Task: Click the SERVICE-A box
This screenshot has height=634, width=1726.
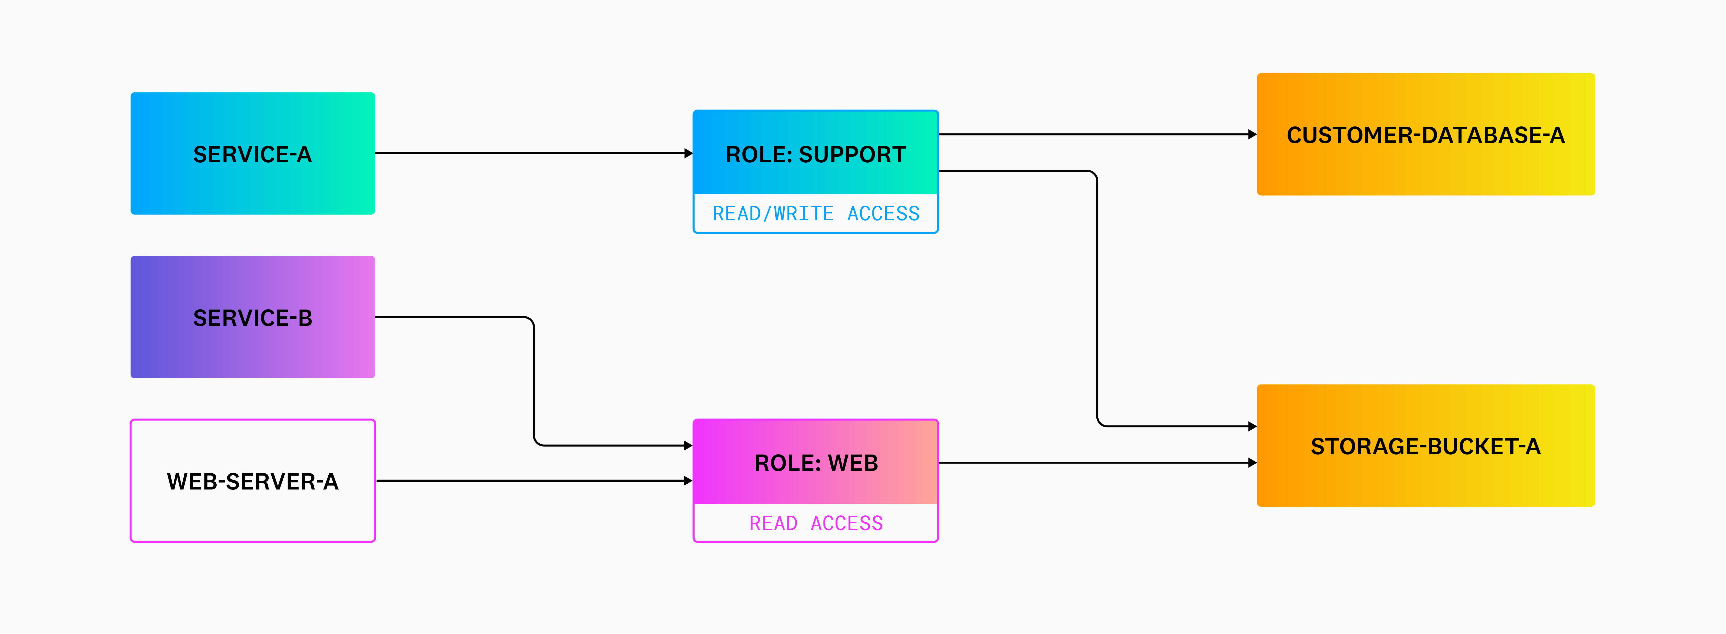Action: coord(253,154)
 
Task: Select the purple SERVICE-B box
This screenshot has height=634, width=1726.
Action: coord(253,317)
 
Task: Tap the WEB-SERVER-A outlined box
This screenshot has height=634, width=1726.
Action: coord(253,480)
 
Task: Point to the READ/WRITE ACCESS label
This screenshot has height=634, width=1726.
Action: coord(815,213)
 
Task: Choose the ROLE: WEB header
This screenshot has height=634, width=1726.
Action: coord(815,462)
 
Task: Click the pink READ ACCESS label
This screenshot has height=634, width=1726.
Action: coord(815,523)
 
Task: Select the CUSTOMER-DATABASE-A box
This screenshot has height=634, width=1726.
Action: coord(1425,135)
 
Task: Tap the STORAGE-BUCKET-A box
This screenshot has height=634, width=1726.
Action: coord(1425,446)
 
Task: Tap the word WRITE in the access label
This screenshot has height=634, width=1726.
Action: coord(803,213)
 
